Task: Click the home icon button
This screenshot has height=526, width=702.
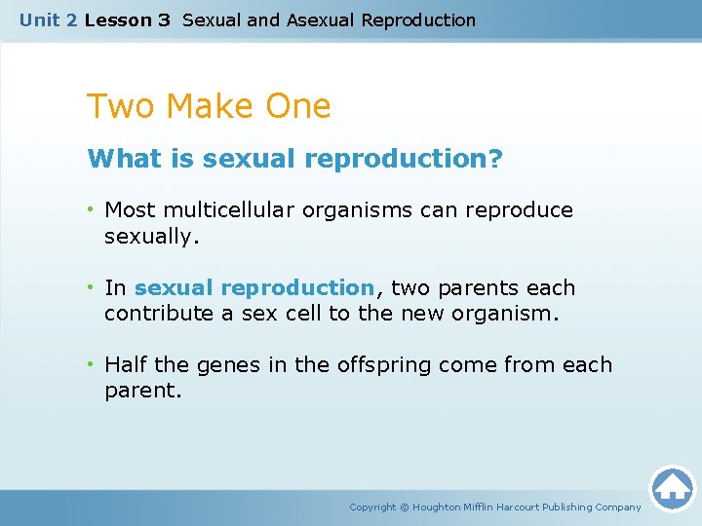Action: click(672, 488)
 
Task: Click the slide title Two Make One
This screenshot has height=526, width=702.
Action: click(209, 106)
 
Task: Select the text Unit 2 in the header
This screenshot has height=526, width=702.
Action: click(48, 19)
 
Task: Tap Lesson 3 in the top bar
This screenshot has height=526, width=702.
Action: click(127, 19)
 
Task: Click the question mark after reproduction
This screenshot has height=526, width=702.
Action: click(496, 159)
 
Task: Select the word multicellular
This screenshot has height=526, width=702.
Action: click(232, 210)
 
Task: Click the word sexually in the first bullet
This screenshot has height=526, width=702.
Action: click(150, 236)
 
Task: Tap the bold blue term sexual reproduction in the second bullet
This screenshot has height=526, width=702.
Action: click(253, 288)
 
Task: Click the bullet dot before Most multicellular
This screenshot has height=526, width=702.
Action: click(91, 210)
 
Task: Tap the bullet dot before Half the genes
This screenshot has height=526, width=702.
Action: click(91, 365)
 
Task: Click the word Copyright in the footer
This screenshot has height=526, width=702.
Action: click(372, 507)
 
